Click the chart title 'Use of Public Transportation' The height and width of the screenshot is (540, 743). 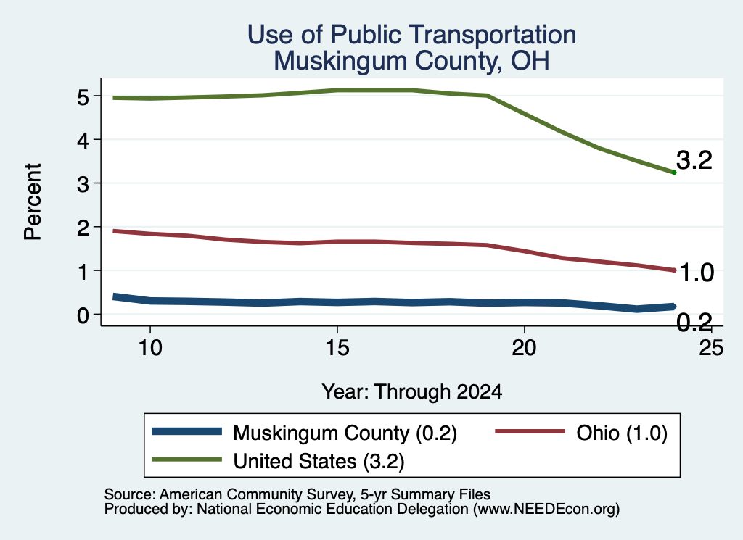pyautogui.click(x=411, y=35)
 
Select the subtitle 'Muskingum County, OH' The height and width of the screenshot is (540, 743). pyautogui.click(x=411, y=61)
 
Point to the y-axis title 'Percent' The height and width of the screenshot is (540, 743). pyautogui.click(x=33, y=202)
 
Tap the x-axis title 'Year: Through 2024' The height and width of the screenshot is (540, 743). pyautogui.click(x=412, y=392)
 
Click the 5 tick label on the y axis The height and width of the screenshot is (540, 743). pyautogui.click(x=83, y=98)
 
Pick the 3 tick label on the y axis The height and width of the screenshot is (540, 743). pyautogui.click(x=83, y=185)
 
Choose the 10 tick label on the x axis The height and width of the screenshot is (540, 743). pyautogui.click(x=150, y=349)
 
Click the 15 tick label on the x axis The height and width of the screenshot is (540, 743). pyautogui.click(x=337, y=349)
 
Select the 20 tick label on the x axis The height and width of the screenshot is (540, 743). pyautogui.click(x=524, y=349)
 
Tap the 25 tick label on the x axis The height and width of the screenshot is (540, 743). pyautogui.click(x=711, y=349)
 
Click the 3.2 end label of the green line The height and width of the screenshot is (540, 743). pyautogui.click(x=694, y=160)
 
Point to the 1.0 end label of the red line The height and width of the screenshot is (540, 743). pyautogui.click(x=696, y=273)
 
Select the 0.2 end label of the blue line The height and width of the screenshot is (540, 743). pyautogui.click(x=694, y=323)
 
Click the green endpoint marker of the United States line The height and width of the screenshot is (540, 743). pyautogui.click(x=674, y=173)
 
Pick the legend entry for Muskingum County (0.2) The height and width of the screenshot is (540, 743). pyautogui.click(x=304, y=433)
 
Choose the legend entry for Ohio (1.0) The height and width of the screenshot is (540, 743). pyautogui.click(x=581, y=433)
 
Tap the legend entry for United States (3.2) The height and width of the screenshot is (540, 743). pyautogui.click(x=278, y=461)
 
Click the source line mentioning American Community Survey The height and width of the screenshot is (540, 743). pyautogui.click(x=297, y=494)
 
